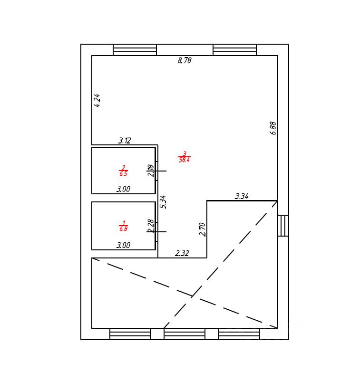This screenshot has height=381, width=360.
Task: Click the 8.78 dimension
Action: pos(185,61)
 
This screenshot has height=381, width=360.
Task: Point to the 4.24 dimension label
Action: pos(97,100)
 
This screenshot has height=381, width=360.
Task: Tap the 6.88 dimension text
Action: pos(273,128)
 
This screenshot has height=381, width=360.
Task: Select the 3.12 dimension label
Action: pos(125,141)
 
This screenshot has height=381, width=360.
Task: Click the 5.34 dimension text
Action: pos(163,201)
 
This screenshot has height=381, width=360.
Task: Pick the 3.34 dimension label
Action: pos(242,196)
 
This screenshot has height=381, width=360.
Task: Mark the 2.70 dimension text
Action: pos(202,229)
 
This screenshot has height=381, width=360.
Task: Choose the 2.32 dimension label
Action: pos(182,254)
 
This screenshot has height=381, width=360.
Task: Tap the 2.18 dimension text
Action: pos(151,171)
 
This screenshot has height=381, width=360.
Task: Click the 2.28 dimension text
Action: pos(151,226)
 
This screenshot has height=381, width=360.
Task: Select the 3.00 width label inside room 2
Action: pos(124,189)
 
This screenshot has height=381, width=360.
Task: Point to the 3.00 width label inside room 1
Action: pos(124,246)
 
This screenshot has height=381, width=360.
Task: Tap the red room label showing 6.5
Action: pos(123,171)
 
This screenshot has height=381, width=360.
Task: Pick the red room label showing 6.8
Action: pos(123,226)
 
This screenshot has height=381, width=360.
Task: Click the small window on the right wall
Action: pos(283,226)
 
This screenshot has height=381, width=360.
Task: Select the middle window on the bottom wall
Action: pos(185,333)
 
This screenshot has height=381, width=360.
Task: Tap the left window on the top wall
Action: pos(135,50)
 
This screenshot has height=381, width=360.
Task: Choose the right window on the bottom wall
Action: pos(239,333)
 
